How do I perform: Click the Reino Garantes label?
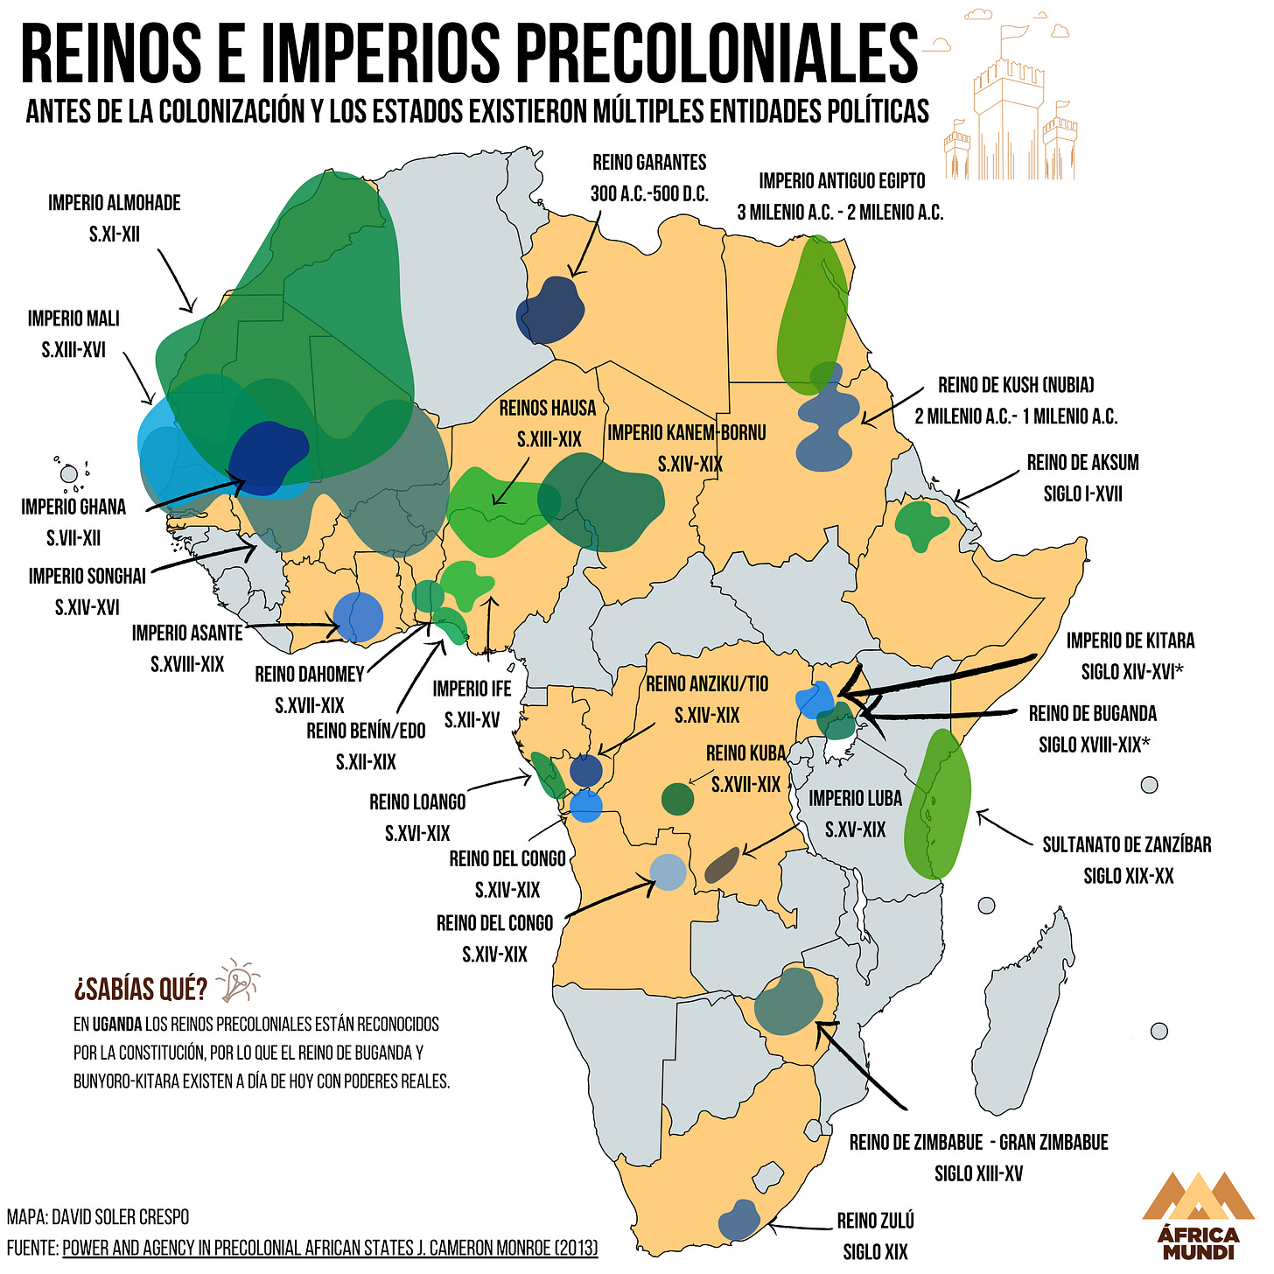click(648, 178)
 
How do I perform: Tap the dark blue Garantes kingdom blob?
click(549, 311)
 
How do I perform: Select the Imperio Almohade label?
click(114, 218)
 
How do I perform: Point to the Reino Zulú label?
click(875, 1235)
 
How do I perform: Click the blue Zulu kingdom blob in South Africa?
click(738, 1221)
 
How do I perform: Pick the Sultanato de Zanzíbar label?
click(1127, 859)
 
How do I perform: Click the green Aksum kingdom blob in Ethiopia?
click(921, 525)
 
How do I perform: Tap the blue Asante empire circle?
click(359, 617)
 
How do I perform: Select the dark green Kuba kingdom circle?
click(677, 798)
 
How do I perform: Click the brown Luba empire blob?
click(723, 865)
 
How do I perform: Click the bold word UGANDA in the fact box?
click(117, 1024)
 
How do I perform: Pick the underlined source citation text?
click(330, 1247)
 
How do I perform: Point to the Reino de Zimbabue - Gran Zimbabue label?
click(978, 1158)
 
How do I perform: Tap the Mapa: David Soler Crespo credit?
click(98, 1217)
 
